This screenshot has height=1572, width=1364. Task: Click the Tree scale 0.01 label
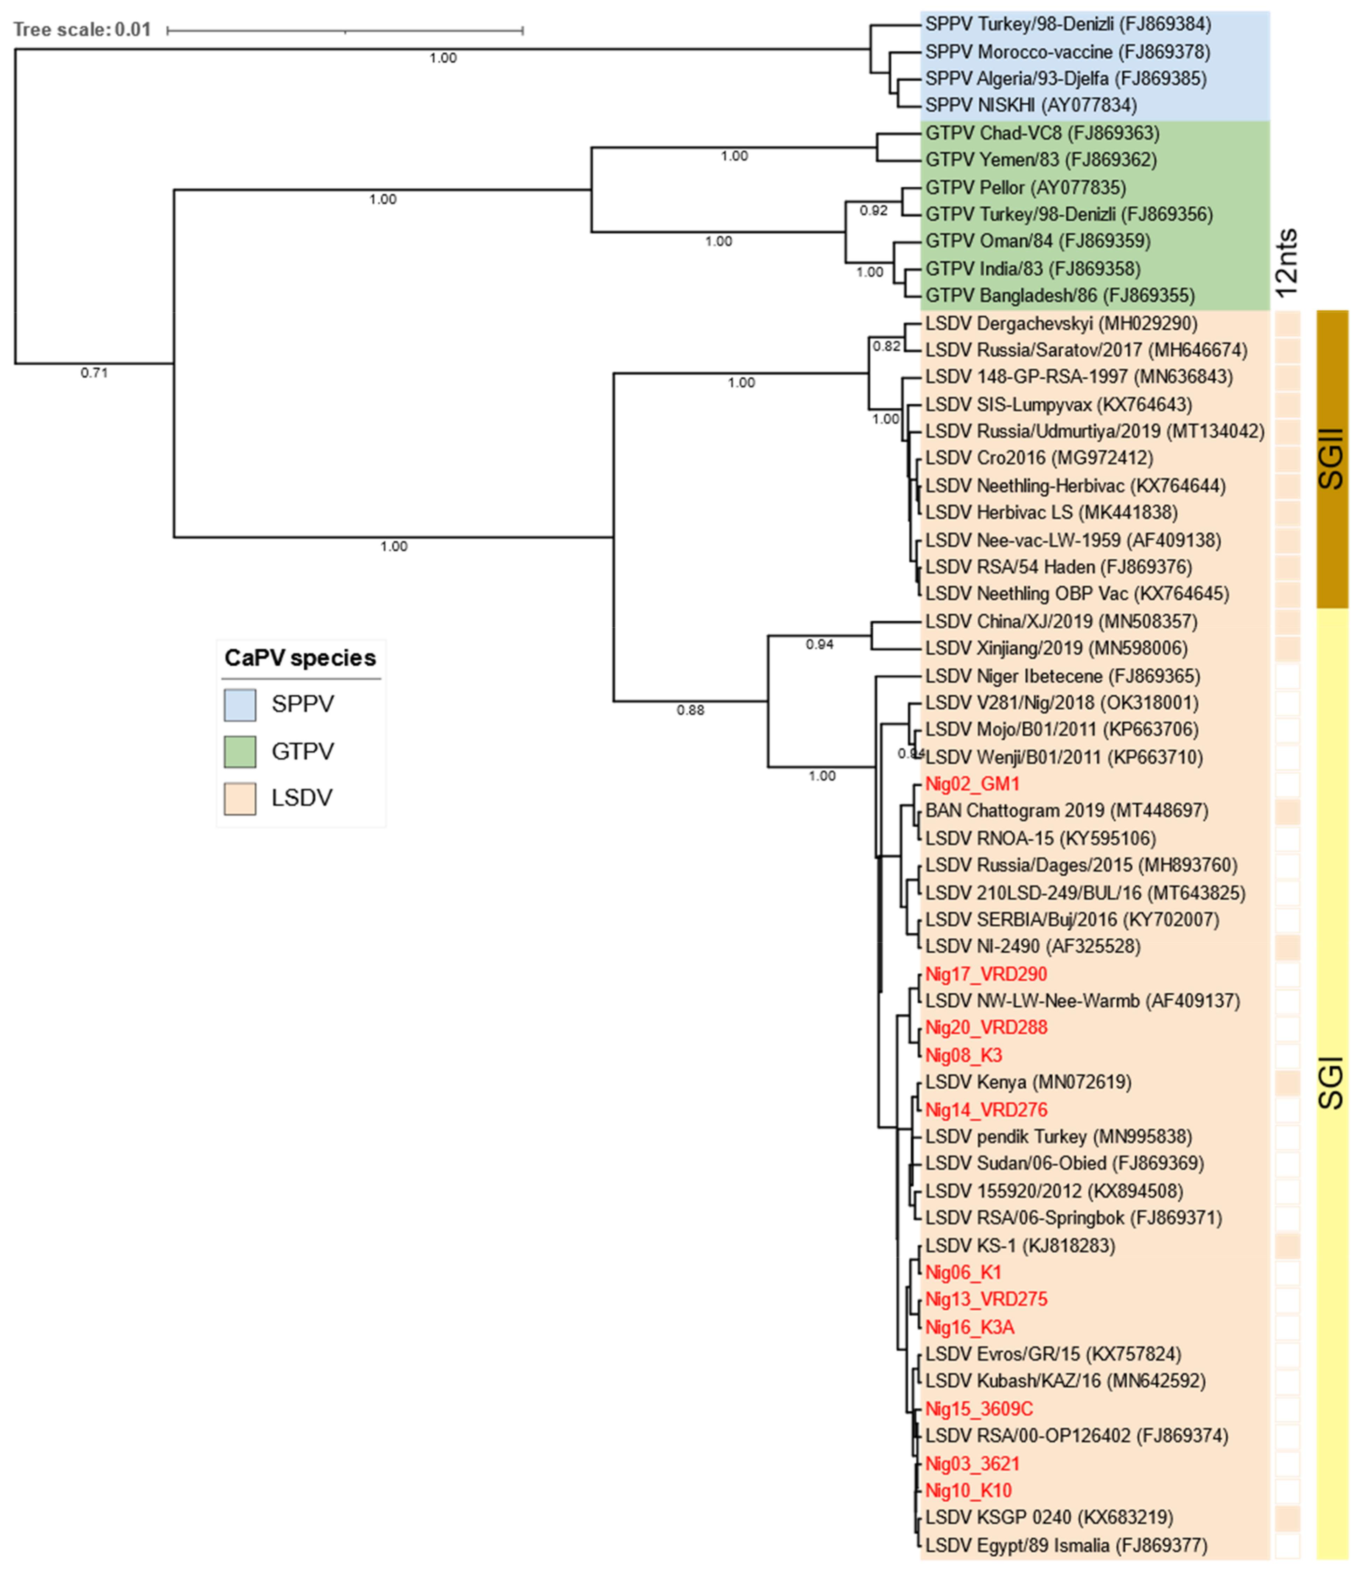coord(82,30)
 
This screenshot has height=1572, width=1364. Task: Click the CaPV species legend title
coord(300,658)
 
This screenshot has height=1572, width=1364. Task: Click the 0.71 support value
coord(94,373)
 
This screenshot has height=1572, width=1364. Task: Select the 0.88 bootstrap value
coord(690,710)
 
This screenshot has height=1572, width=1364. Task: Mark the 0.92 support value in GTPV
coord(873,211)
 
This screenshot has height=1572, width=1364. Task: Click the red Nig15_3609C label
coord(979,1408)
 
